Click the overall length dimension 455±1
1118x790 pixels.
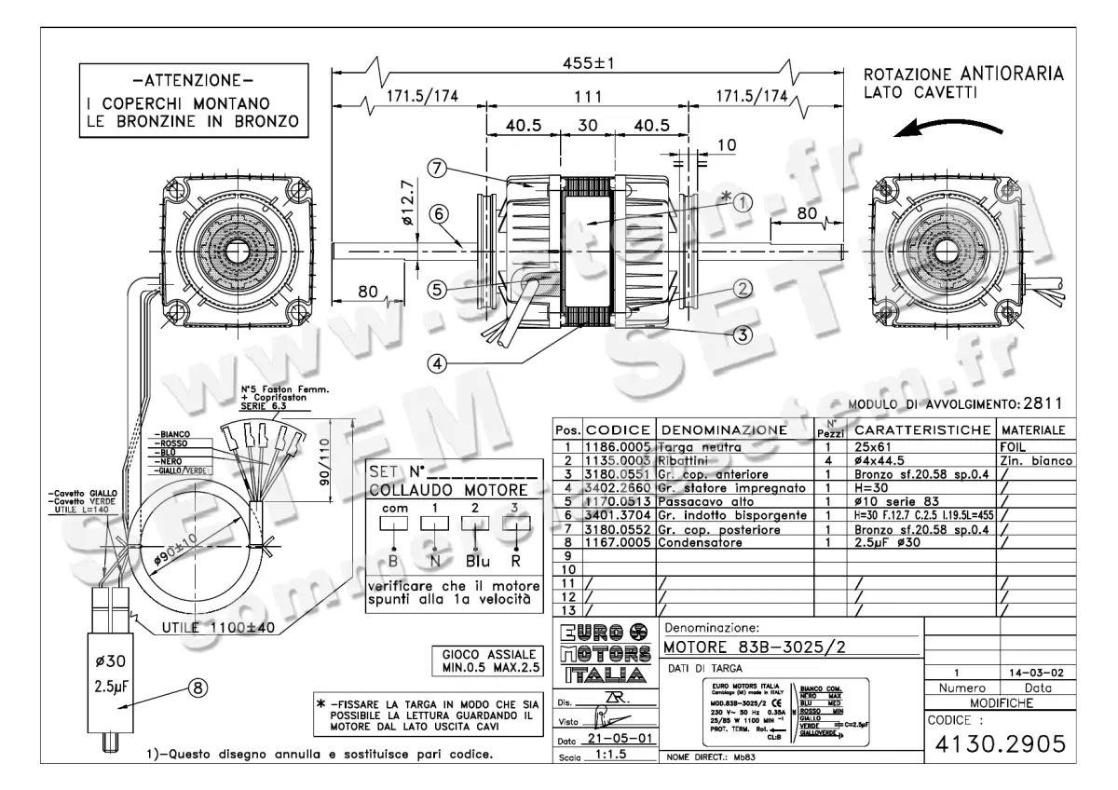[x=587, y=62]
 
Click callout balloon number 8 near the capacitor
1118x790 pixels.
[x=197, y=688]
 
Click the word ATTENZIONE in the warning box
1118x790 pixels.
[x=193, y=78]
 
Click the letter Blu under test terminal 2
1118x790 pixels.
[x=475, y=563]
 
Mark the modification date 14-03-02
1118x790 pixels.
[x=1036, y=673]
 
